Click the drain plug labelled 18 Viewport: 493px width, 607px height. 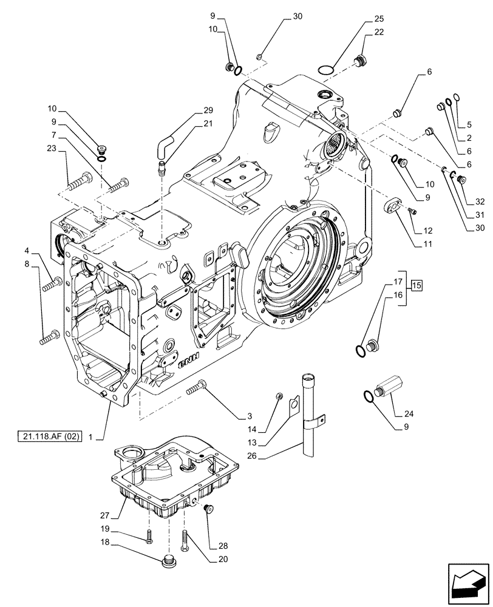click(169, 563)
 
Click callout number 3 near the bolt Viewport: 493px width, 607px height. click(249, 416)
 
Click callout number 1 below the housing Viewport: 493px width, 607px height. click(90, 436)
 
